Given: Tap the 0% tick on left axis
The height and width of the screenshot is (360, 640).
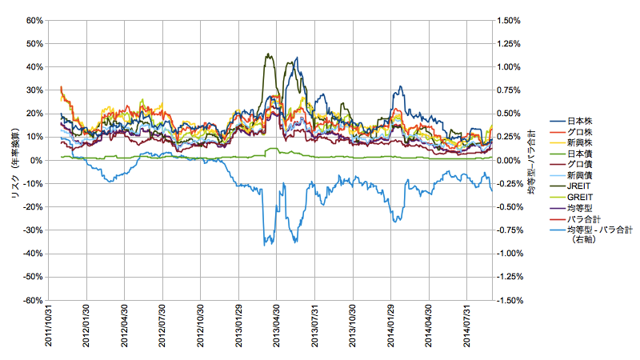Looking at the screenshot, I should (35, 160).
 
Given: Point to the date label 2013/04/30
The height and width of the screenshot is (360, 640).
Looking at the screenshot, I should (277, 328).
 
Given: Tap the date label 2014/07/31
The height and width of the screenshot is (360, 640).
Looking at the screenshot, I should (467, 328).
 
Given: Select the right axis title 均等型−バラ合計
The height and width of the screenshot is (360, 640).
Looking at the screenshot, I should (532, 160).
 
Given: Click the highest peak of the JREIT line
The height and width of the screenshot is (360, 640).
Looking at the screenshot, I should (267, 54).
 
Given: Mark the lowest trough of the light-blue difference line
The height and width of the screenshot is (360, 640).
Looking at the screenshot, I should (265, 245).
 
